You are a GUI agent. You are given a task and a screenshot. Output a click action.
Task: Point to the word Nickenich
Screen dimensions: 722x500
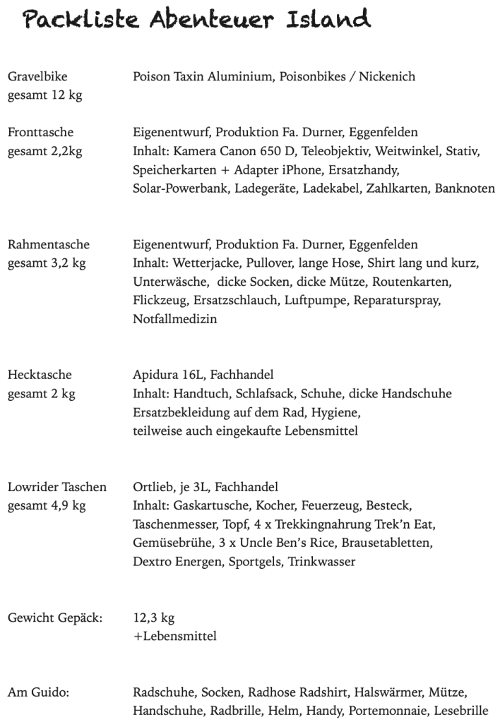tap(388, 77)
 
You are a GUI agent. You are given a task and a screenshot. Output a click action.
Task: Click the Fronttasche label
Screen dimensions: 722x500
tap(40, 133)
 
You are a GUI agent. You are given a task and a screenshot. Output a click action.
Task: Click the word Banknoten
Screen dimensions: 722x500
tap(465, 189)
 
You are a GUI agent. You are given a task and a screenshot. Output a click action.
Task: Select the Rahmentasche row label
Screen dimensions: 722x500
tap(48, 245)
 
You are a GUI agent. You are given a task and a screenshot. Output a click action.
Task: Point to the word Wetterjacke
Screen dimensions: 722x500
tap(205, 264)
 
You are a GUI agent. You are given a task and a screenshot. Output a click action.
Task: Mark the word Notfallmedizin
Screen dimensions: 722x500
tap(175, 320)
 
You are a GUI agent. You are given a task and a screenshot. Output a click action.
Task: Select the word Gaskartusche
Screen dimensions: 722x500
tap(210, 506)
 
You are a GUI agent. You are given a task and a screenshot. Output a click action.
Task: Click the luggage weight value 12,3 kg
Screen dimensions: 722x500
tap(153, 618)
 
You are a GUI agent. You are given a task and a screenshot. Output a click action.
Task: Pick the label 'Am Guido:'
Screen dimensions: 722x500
tap(38, 692)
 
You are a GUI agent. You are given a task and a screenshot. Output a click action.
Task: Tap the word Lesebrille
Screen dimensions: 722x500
tap(460, 711)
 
